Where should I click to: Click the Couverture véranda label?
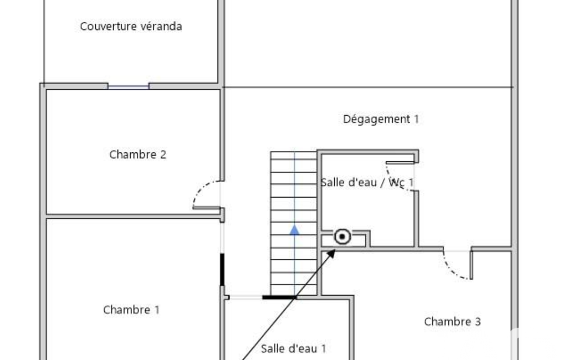(131, 27)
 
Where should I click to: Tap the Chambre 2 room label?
(137, 155)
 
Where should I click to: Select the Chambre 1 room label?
(131, 310)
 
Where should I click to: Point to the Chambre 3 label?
(452, 322)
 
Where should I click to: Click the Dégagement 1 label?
(381, 119)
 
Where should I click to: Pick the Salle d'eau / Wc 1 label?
(367, 183)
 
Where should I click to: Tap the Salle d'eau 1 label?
(293, 349)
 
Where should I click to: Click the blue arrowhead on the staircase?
(294, 230)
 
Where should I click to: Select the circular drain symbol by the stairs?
(342, 237)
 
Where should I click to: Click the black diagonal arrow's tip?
(335, 249)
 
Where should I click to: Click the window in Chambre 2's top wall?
(128, 87)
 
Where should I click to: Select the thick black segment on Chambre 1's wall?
(222, 270)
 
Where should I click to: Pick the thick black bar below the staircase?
(279, 297)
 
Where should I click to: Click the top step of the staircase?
(294, 156)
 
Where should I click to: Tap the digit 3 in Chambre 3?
(478, 322)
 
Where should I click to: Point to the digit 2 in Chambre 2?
(163, 155)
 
